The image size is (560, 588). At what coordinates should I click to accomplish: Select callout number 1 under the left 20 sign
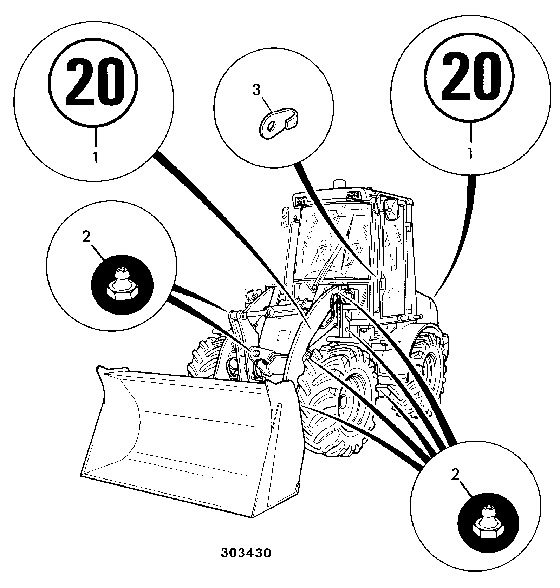click(x=95, y=157)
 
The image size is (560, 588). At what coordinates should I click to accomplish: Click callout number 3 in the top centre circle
click(x=257, y=90)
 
